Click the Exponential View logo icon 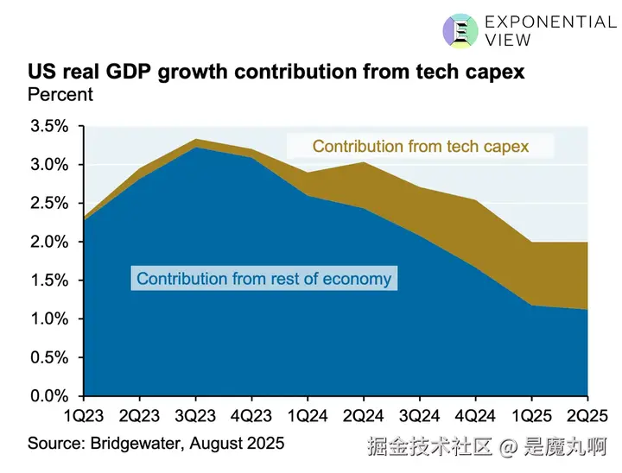(460, 30)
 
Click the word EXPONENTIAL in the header (550, 22)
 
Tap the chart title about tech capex (276, 72)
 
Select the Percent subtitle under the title (60, 93)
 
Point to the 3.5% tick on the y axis (49, 127)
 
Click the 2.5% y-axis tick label (49, 204)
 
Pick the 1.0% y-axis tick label (49, 319)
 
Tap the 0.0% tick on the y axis (49, 396)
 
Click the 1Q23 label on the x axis (84, 415)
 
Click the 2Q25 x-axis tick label (588, 415)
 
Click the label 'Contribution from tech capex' (420, 146)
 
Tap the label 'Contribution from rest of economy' (263, 279)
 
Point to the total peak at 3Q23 (196, 140)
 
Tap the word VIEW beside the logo (509, 41)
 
